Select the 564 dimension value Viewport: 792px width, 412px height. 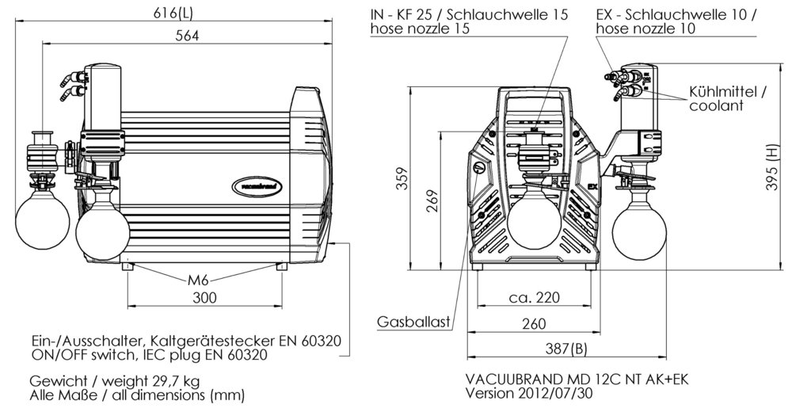(187, 36)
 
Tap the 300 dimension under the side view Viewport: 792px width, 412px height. (204, 298)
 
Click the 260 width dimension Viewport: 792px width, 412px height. (535, 323)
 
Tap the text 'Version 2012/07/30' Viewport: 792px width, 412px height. (531, 394)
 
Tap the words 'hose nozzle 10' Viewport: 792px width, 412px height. (645, 29)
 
